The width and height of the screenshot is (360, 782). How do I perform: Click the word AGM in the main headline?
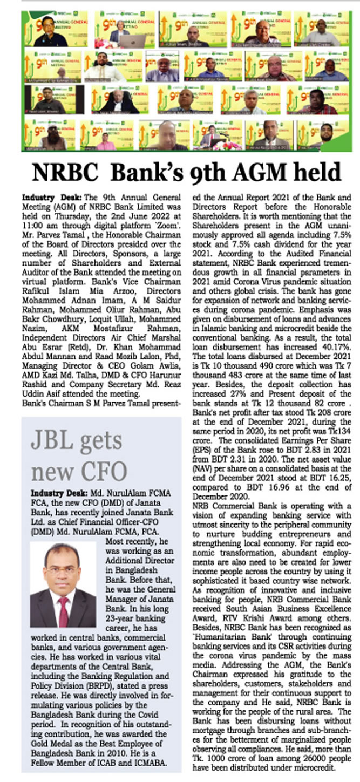252,173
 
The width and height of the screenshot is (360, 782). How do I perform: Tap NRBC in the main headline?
67,173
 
